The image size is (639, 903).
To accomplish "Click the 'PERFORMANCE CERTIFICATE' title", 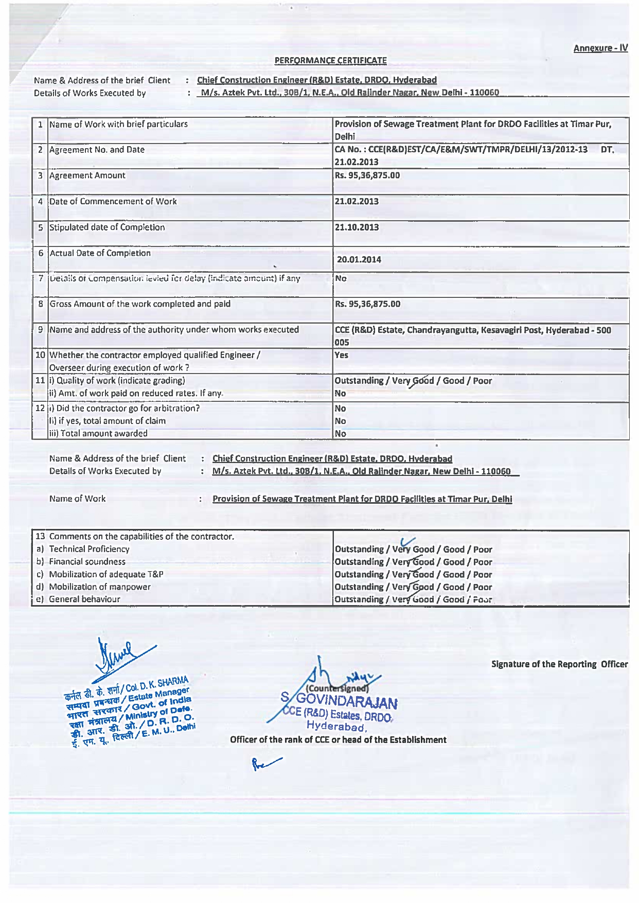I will pyautogui.click(x=330, y=60).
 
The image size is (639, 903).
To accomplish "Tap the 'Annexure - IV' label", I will pyautogui.click(x=600, y=48).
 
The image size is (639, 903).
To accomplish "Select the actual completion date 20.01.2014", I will pyautogui.click(x=359, y=259).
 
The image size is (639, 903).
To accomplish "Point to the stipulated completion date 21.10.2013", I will pyautogui.click(x=357, y=227).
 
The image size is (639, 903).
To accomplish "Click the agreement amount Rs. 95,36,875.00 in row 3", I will pyautogui.click(x=367, y=175).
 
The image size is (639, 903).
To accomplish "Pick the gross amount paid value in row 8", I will pyautogui.click(x=367, y=304).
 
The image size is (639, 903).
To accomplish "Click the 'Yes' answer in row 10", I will pyautogui.click(x=341, y=355).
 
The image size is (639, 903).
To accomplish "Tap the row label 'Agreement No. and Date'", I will pyautogui.click(x=97, y=150).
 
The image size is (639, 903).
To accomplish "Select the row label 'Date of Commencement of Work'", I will pyautogui.click(x=113, y=201).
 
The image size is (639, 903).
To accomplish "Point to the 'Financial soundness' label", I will pyautogui.click(x=87, y=561).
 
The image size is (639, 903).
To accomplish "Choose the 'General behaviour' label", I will pyautogui.click(x=84, y=599).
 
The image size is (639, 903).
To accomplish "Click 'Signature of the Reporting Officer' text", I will pyautogui.click(x=559, y=664).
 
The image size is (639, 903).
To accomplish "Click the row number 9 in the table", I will pyautogui.click(x=40, y=329).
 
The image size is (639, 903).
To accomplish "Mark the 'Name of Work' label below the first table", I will pyautogui.click(x=77, y=499).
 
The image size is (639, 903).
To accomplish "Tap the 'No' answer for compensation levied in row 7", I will pyautogui.click(x=341, y=278).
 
